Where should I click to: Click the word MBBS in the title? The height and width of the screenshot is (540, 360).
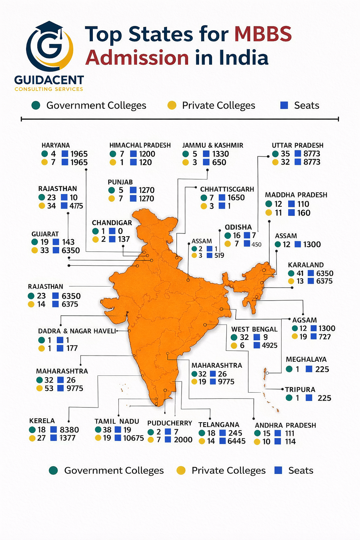[263, 34]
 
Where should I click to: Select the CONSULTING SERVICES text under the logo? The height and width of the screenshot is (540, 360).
[49, 89]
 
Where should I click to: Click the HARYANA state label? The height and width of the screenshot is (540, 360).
[56, 145]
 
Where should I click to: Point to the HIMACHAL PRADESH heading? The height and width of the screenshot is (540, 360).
[140, 145]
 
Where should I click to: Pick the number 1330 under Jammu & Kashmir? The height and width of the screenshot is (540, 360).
[220, 154]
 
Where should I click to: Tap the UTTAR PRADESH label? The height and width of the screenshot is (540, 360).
[297, 145]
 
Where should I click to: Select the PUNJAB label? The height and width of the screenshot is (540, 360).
[120, 182]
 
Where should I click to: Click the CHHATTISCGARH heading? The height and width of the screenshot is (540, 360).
[227, 189]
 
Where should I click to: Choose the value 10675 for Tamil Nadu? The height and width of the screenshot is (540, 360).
[134, 438]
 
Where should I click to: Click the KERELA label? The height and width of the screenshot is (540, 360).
[42, 421]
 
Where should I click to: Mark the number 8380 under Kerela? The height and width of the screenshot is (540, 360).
[69, 430]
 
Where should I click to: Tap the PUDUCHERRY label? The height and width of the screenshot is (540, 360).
[169, 423]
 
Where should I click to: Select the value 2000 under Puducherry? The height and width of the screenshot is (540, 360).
[183, 440]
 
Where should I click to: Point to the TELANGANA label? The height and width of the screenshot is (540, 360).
[219, 425]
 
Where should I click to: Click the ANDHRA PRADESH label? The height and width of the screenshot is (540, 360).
[285, 425]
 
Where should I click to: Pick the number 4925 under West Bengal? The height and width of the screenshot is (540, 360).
[270, 346]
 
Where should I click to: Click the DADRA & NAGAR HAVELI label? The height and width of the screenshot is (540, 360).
[77, 331]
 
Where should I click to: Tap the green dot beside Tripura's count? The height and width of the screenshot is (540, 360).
[289, 398]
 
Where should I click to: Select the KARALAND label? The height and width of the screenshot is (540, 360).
[306, 265]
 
